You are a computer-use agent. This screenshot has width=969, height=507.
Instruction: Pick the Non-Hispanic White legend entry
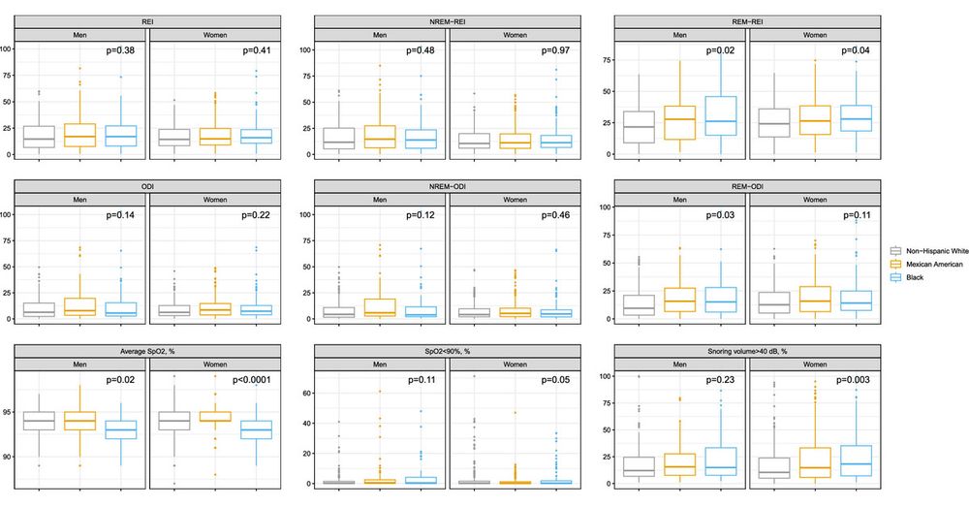(940, 249)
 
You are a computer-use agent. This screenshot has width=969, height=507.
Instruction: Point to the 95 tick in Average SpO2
(8, 413)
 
